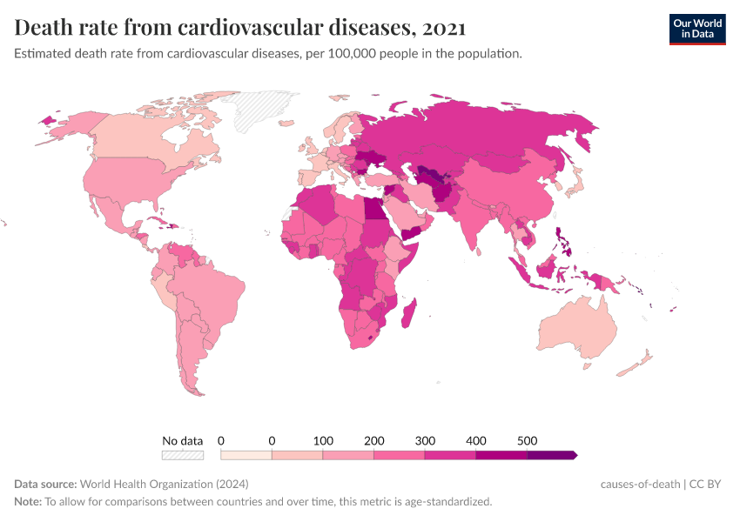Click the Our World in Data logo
click(696, 29)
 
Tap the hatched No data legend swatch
click(183, 455)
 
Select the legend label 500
click(527, 440)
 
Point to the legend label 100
click(323, 440)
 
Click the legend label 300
click(425, 440)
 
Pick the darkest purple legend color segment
click(551, 455)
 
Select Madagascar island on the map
click(412, 312)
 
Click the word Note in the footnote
click(28, 502)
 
